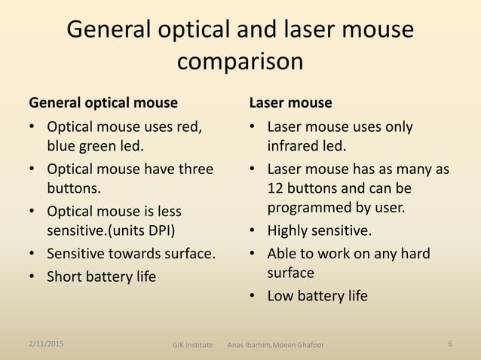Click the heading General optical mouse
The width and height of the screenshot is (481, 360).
pyautogui.click(x=103, y=102)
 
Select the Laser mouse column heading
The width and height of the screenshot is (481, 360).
pyautogui.click(x=290, y=102)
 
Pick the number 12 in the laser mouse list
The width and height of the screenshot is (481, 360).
pyautogui.click(x=275, y=188)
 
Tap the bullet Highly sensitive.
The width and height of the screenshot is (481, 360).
pyautogui.click(x=320, y=230)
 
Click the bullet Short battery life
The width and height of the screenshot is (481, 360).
pyautogui.click(x=101, y=276)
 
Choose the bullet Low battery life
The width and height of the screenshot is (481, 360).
pyautogui.click(x=317, y=295)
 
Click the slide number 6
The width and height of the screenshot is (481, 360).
pyautogui.click(x=449, y=344)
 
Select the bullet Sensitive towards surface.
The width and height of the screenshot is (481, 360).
pyautogui.click(x=131, y=253)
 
